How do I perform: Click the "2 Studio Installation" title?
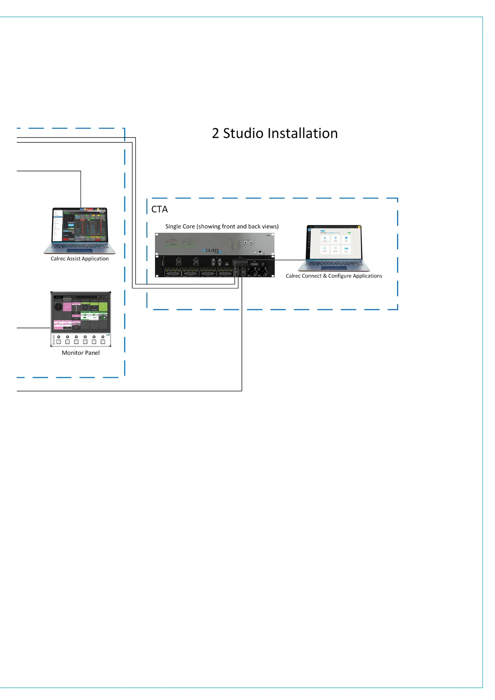pos(275,133)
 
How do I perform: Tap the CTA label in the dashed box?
pos(160,210)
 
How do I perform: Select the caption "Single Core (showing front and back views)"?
pos(222,227)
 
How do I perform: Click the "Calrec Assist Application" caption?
pos(80,259)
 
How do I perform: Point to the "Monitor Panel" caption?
pos(81,353)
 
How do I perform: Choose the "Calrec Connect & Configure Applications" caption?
pos(334,276)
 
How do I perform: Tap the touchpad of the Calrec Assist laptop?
pos(79,251)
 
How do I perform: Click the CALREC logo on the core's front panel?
pos(212,251)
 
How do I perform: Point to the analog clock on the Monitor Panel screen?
pos(58,307)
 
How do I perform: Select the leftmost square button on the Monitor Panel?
pos(59,342)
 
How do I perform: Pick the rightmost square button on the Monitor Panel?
pos(103,342)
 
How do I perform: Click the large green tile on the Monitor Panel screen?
pos(103,307)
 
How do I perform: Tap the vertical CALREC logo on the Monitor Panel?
pos(54,340)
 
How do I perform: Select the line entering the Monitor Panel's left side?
pos(33,328)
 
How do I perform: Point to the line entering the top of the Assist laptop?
pos(81,189)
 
